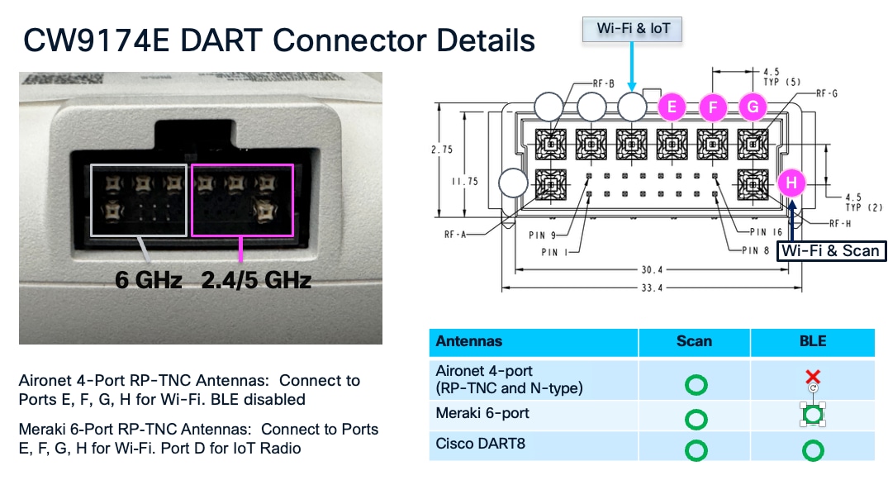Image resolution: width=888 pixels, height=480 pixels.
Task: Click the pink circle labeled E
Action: pyautogui.click(x=672, y=107)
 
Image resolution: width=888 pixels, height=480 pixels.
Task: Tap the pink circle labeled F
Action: pyautogui.click(x=712, y=107)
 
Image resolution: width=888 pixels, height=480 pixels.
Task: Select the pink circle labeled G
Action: pyautogui.click(x=753, y=107)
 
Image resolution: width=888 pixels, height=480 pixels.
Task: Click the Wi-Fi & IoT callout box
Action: pyautogui.click(x=634, y=29)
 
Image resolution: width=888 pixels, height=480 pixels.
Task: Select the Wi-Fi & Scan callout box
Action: pyautogui.click(x=830, y=250)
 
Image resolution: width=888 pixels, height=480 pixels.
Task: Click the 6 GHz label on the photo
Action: pyautogui.click(x=149, y=280)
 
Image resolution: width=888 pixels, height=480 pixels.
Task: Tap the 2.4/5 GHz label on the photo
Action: pyautogui.click(x=256, y=280)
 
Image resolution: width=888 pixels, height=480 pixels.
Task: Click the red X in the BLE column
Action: pyautogui.click(x=813, y=377)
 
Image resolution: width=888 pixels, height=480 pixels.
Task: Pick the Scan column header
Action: pyautogui.click(x=694, y=341)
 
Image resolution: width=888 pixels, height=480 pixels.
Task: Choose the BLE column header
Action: pyautogui.click(x=813, y=341)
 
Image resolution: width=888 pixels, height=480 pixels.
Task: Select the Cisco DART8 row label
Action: pyautogui.click(x=475, y=444)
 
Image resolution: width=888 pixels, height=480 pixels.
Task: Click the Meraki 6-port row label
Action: pyautogui.click(x=482, y=413)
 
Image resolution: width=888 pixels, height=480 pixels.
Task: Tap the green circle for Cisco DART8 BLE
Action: pyautogui.click(x=813, y=449)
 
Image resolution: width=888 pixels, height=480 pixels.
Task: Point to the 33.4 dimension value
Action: pyautogui.click(x=652, y=288)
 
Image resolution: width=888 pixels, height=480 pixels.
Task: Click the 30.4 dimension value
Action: pyautogui.click(x=652, y=269)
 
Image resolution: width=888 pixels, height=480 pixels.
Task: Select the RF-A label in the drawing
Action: pyautogui.click(x=454, y=235)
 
